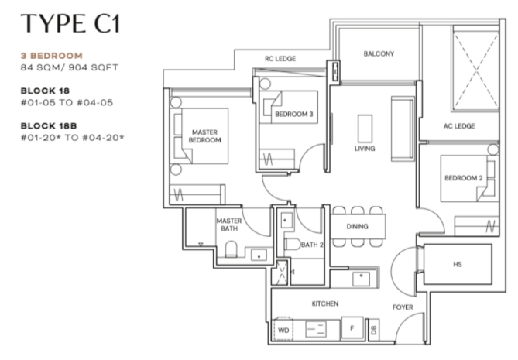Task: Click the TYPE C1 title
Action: (70, 23)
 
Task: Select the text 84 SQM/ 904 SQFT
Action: (70, 67)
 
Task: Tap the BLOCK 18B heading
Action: (49, 126)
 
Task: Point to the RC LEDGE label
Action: (280, 59)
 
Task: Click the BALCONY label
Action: (379, 53)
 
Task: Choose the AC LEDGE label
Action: (459, 126)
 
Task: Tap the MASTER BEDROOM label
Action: (205, 136)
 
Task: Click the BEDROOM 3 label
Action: (294, 115)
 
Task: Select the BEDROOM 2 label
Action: (464, 178)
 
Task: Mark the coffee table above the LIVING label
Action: (365, 128)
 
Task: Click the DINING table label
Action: (357, 226)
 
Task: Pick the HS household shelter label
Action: (458, 264)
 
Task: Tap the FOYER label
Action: (403, 307)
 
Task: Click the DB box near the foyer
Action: (374, 330)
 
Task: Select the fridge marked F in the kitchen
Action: (352, 327)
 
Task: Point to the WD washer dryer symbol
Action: (283, 329)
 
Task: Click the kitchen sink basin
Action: (362, 279)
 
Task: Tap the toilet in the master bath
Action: (232, 249)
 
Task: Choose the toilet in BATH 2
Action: (292, 244)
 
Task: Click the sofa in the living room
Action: (403, 129)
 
